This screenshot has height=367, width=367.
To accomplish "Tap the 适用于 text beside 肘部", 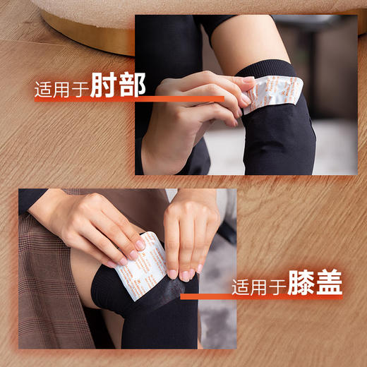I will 68,90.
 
